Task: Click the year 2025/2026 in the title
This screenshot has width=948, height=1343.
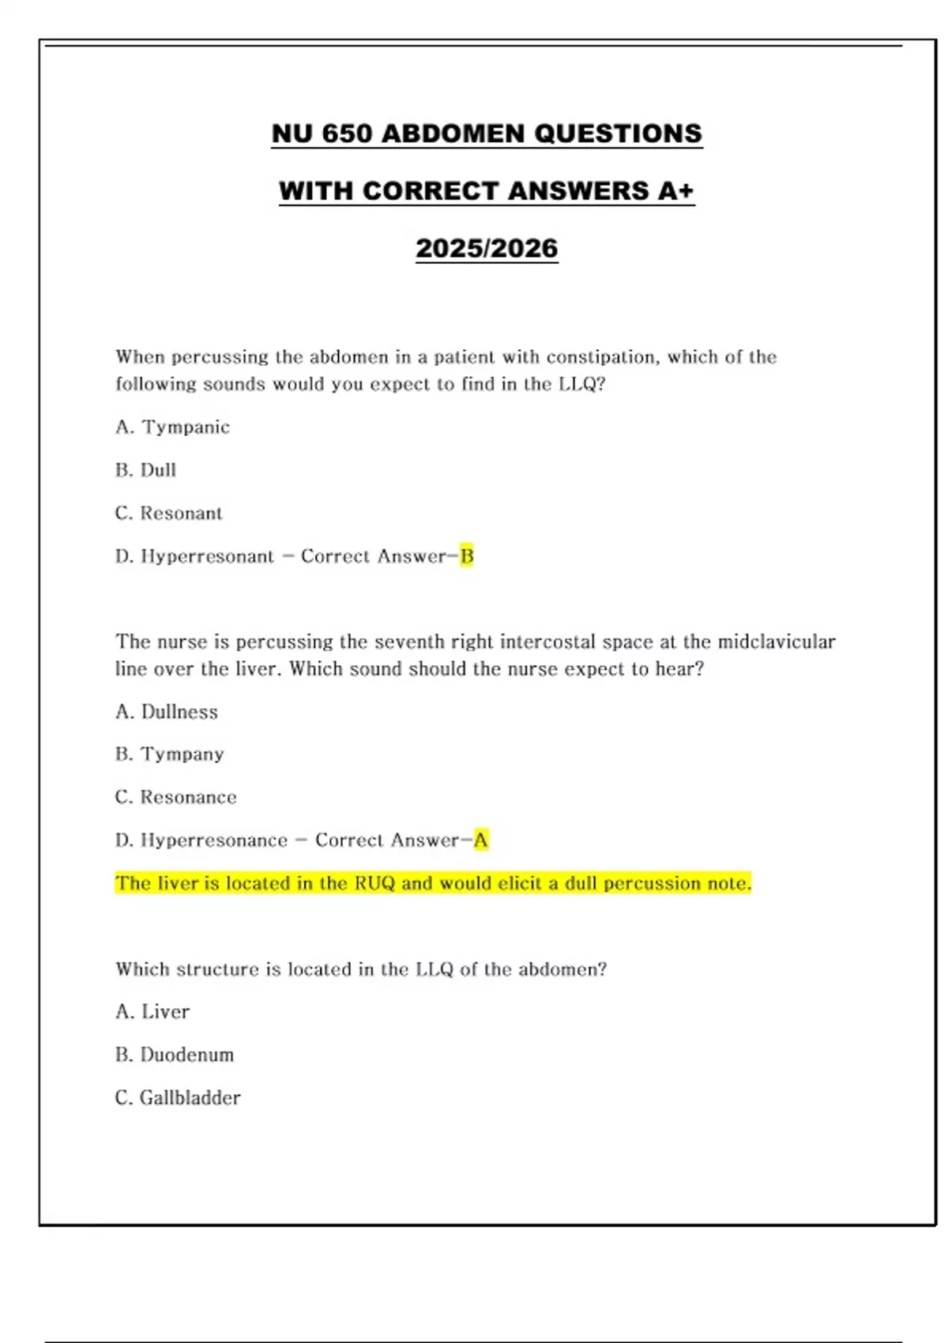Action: [x=487, y=248]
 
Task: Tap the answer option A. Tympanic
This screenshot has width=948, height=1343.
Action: [x=172, y=427]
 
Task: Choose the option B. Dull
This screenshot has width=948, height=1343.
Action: [x=145, y=470]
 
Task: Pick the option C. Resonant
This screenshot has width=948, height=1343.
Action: [x=168, y=513]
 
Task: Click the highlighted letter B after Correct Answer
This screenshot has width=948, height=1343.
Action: [x=467, y=556]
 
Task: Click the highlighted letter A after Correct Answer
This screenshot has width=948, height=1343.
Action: [x=480, y=840]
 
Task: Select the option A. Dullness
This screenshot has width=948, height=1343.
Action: [x=166, y=712]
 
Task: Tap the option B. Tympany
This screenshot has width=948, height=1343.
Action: [x=169, y=754]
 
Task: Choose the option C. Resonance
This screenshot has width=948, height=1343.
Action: [x=175, y=797]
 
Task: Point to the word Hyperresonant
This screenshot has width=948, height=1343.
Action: [x=207, y=556]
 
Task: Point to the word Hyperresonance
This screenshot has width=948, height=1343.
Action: [x=214, y=840]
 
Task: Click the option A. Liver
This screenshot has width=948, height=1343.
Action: [x=152, y=1012]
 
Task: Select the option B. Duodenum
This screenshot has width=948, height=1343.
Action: [x=174, y=1055]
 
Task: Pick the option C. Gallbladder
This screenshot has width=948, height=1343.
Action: [x=177, y=1098]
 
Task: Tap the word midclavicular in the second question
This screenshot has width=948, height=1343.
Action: [x=776, y=641]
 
